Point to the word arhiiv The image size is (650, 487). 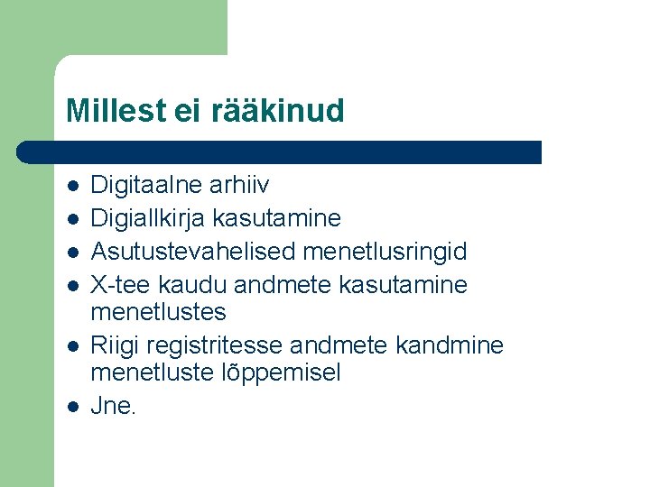coord(239,186)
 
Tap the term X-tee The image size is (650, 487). coord(121,285)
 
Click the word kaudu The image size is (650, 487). coord(192,285)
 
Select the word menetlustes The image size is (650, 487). coord(159,312)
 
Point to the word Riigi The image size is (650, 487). coord(115,345)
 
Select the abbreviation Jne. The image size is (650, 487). coord(113,406)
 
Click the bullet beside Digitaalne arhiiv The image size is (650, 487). coord(73,187)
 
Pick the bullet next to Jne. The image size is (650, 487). coord(73,407)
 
